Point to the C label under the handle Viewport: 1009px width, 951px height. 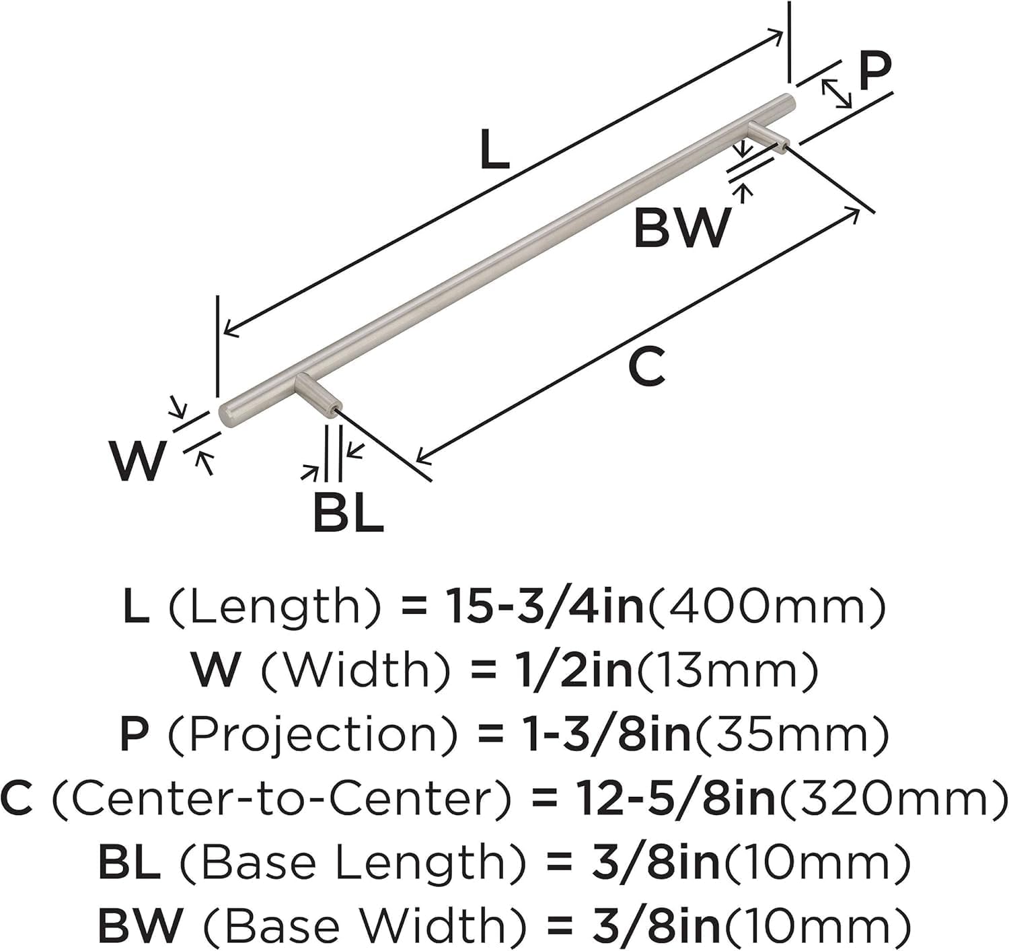tap(646, 367)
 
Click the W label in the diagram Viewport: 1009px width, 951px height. tap(138, 461)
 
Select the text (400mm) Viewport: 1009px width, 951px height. tap(765, 606)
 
